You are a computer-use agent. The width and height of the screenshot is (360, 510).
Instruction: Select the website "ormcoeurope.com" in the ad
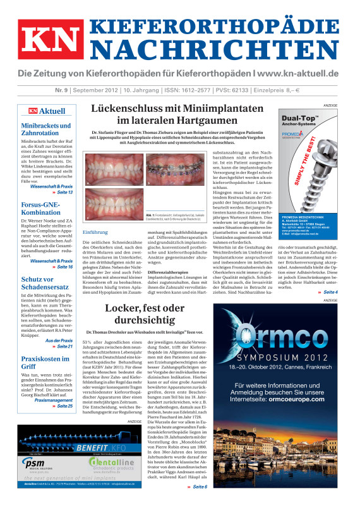pos(309,400)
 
